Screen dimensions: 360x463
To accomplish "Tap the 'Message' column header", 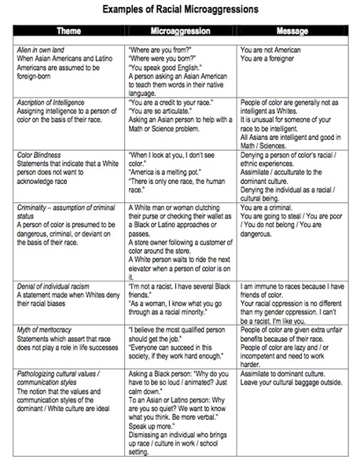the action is (290, 33).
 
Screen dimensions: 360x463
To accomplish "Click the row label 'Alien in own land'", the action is (39, 50).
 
